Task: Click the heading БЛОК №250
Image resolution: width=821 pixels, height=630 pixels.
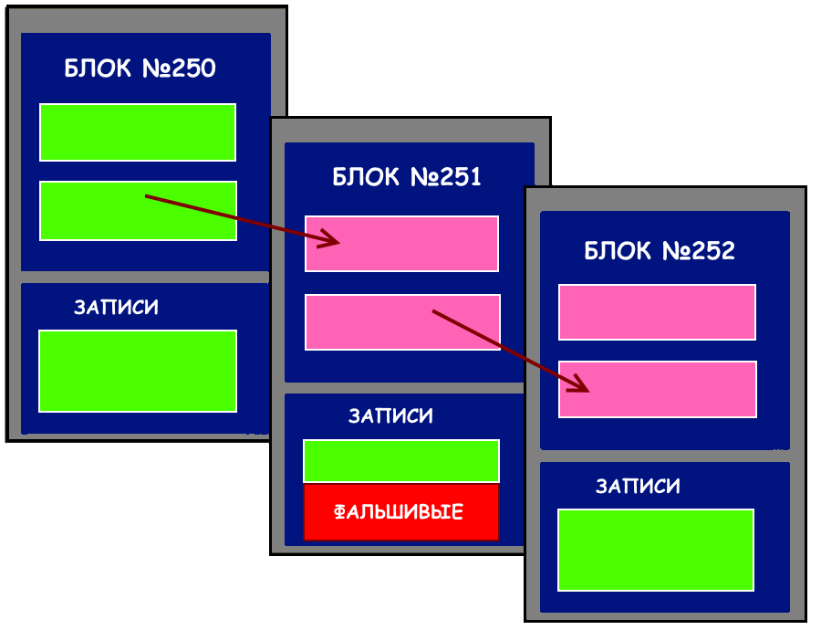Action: (x=140, y=68)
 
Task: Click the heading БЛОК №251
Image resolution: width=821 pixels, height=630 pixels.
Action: (x=406, y=177)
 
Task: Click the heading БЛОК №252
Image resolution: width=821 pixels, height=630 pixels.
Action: (x=659, y=251)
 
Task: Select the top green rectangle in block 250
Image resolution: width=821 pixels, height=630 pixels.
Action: (x=138, y=132)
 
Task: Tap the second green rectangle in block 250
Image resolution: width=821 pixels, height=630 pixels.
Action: (x=91, y=211)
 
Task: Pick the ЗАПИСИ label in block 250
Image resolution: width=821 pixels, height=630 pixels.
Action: (x=116, y=308)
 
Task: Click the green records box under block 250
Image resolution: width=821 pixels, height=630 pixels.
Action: (x=138, y=371)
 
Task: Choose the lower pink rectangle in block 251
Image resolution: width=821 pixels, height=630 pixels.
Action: (x=365, y=322)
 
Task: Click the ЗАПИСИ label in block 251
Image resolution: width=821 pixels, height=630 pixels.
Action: (x=390, y=416)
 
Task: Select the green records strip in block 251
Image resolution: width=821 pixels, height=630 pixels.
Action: (x=401, y=460)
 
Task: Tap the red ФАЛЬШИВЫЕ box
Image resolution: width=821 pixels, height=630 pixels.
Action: (x=401, y=511)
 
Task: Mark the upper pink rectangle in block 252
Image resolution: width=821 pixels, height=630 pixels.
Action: (x=657, y=312)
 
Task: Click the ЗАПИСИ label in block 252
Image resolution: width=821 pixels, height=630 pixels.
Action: (x=638, y=487)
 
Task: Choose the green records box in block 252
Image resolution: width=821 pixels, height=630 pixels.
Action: (x=656, y=550)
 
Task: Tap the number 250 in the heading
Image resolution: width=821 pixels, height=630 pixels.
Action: (x=193, y=68)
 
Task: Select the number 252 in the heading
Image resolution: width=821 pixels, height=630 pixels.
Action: (x=712, y=251)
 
